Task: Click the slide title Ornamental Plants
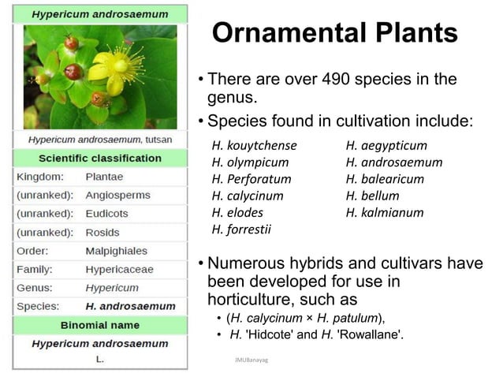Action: coord(335,33)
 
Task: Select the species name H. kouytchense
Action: coord(255,145)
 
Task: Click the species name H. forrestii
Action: coord(241,230)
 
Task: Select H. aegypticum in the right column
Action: coord(386,145)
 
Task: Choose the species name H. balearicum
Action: coord(385,179)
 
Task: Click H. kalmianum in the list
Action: coord(385,212)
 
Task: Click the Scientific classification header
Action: coord(100,158)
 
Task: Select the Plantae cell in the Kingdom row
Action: coord(104,177)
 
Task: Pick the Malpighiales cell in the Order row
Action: coord(116,251)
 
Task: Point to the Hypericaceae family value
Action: coord(119,269)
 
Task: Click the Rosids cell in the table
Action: coord(102,232)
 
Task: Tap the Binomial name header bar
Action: coord(100,324)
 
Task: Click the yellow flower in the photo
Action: coord(118,67)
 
